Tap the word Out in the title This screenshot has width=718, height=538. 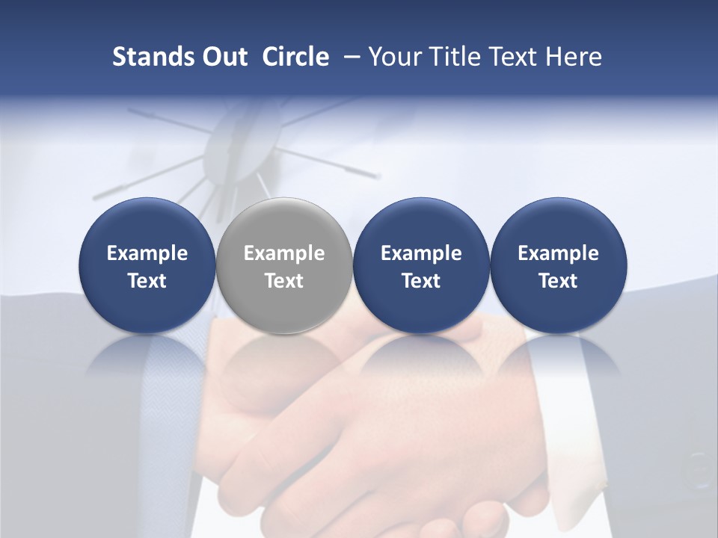(222, 57)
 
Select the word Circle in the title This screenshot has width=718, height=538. (295, 57)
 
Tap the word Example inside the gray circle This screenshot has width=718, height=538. (284, 253)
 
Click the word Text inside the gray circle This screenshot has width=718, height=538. (284, 281)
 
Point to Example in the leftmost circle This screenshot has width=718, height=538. (147, 253)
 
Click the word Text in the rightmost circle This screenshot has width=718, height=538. (558, 281)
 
